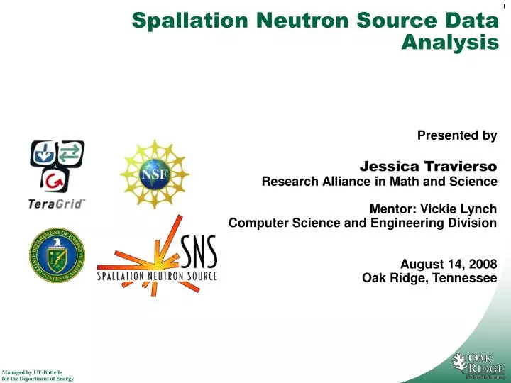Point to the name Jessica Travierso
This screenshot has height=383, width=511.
[428, 167]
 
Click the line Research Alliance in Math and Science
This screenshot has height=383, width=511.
[379, 182]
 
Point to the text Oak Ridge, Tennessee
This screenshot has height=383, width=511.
[429, 278]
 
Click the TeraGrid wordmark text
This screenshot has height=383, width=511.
[57, 204]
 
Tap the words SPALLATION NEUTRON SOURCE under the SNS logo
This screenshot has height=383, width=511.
[157, 275]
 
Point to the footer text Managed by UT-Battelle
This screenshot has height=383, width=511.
[33, 372]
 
